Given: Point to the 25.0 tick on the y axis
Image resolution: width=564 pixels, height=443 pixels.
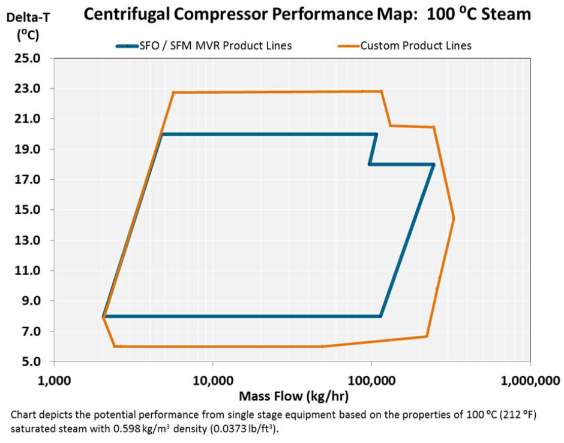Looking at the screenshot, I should tap(28, 59).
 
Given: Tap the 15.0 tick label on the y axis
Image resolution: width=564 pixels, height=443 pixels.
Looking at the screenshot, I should tap(28, 210).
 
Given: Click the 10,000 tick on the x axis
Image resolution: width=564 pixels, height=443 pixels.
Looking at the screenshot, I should tap(212, 380).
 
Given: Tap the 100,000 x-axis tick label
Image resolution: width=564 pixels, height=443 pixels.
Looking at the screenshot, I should tap(371, 380).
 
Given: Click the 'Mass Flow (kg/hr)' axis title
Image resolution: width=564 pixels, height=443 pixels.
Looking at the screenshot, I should tap(293, 396).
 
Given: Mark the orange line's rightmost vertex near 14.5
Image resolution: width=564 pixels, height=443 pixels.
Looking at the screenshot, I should tap(454, 219).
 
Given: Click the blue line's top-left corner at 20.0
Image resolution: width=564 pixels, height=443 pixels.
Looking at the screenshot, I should tap(162, 134).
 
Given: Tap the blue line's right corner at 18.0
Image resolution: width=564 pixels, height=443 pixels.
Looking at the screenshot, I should tap(433, 164).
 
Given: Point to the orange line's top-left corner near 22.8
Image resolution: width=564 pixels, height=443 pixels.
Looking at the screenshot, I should tap(173, 92).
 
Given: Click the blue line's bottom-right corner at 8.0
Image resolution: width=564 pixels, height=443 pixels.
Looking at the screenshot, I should tap(380, 316).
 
